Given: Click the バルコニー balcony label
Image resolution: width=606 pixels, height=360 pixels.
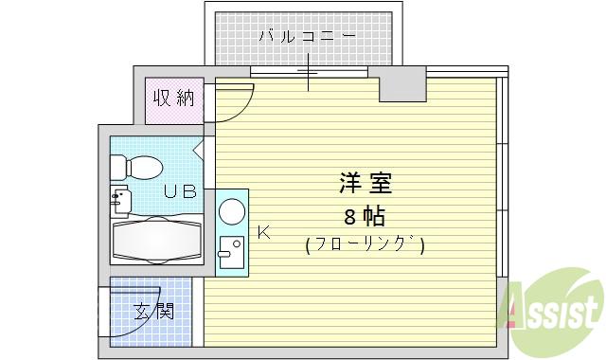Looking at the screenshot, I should pyautogui.click(x=308, y=37).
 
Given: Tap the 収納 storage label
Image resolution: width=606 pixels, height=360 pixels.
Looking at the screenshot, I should pyautogui.click(x=173, y=99).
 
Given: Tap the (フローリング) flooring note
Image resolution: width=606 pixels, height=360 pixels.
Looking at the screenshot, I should pyautogui.click(x=365, y=245).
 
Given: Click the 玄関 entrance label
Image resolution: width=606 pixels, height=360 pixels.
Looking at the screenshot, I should pyautogui.click(x=153, y=311).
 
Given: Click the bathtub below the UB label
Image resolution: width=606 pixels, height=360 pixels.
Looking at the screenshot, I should pyautogui.click(x=157, y=239).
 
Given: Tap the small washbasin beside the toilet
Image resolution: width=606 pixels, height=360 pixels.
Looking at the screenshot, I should pyautogui.click(x=121, y=200).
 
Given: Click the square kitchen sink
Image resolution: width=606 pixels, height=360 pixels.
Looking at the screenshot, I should pyautogui.click(x=231, y=251).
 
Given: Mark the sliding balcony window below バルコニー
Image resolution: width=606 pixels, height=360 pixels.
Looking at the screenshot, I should pyautogui.click(x=309, y=72).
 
